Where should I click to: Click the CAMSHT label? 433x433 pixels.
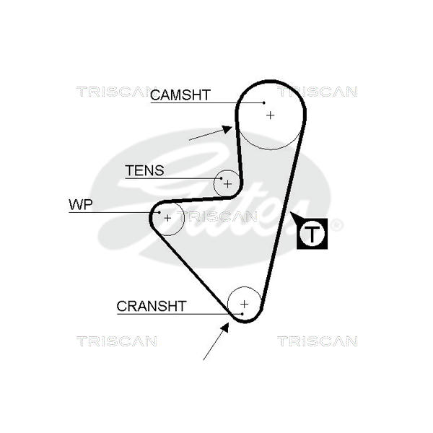click(x=180, y=95)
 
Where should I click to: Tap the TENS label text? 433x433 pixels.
click(x=144, y=171)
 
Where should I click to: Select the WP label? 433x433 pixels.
click(x=81, y=204)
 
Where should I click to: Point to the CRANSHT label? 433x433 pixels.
click(x=152, y=306)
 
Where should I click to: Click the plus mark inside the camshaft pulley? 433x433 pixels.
click(x=271, y=114)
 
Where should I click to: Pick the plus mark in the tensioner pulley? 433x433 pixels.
click(x=227, y=183)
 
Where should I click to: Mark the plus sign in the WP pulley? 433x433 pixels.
click(x=168, y=217)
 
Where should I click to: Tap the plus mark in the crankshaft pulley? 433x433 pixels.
click(x=244, y=303)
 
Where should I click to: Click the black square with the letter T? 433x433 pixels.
click(x=312, y=233)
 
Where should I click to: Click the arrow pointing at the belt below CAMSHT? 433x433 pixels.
click(x=210, y=134)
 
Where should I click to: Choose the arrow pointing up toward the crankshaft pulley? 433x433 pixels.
click(x=216, y=341)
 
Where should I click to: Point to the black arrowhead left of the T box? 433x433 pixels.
click(x=294, y=216)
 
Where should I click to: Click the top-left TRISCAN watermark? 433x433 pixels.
click(x=116, y=92)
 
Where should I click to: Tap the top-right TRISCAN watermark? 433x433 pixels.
click(x=318, y=92)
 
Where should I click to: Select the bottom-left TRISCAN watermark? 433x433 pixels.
click(x=116, y=341)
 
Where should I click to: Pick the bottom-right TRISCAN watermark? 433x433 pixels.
click(x=318, y=341)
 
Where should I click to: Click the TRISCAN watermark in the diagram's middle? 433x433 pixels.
click(x=216, y=216)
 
